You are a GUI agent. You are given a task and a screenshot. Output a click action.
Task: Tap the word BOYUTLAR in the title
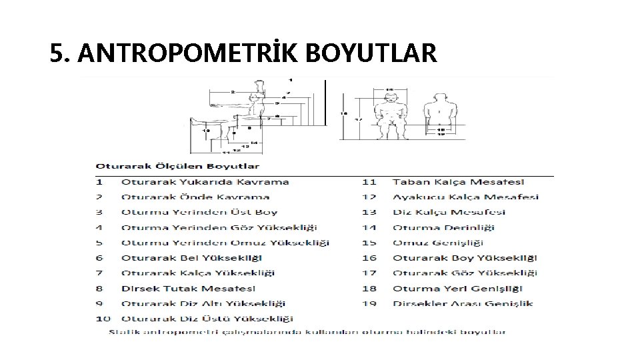click(x=371, y=53)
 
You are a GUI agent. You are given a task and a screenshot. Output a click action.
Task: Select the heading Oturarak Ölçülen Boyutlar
click(x=177, y=165)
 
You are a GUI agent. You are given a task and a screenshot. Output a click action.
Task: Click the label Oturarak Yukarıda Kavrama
click(x=205, y=181)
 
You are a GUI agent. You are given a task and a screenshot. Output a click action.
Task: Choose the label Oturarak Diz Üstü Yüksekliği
click(x=207, y=319)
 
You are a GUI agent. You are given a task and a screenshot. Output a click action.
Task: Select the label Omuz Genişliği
click(x=443, y=243)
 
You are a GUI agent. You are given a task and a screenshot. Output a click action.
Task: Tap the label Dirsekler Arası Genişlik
click(x=463, y=304)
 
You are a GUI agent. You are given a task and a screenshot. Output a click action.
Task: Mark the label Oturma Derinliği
click(x=443, y=227)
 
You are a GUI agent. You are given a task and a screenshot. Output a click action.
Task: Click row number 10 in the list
click(x=103, y=319)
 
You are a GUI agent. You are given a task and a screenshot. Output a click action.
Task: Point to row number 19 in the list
click(x=369, y=304)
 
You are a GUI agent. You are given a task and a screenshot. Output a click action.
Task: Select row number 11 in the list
click(x=369, y=181)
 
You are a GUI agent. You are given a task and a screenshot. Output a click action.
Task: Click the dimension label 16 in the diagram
click(x=344, y=113)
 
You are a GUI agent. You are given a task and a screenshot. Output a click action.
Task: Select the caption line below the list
click(x=307, y=331)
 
